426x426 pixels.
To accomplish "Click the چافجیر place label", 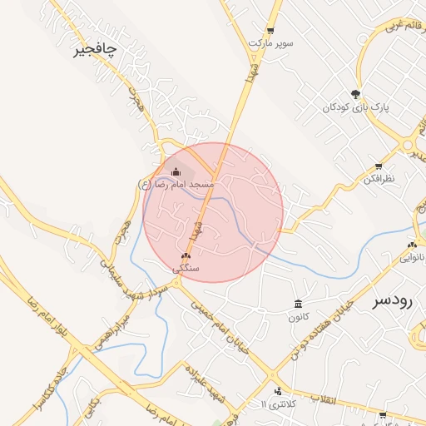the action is pos(95,50).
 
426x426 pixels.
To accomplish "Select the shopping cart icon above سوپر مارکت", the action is pos(269,28).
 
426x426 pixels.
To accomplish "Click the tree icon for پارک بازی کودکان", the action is pos(356,93).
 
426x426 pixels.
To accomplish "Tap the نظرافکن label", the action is pos(379,179).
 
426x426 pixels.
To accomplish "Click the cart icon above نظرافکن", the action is pos(379,166).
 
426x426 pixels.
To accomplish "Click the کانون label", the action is pos(298,317).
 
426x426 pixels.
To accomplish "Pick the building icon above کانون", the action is pos(298,304).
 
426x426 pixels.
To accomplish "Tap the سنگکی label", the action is pos(185,269).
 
